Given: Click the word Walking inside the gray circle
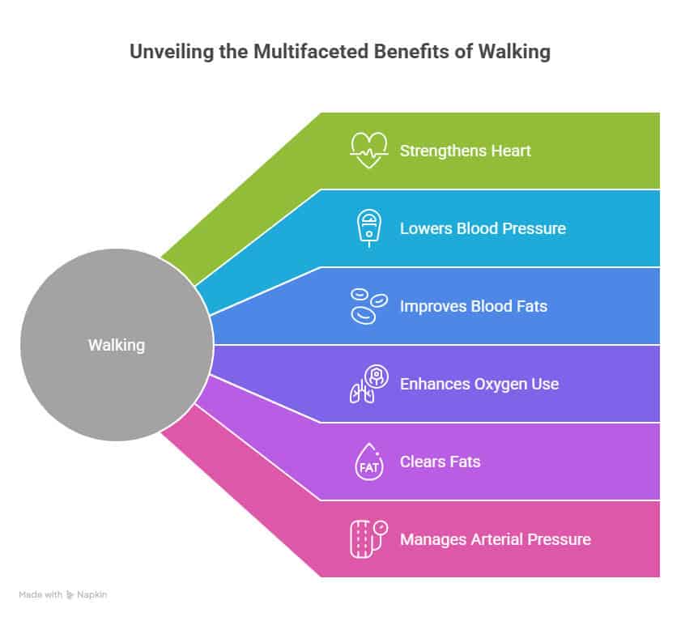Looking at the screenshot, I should click(116, 345).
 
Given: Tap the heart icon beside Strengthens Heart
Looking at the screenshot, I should click(368, 151).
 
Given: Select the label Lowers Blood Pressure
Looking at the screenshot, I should click(483, 228).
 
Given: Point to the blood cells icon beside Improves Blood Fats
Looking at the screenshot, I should click(368, 306).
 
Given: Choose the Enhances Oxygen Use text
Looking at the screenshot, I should click(479, 384).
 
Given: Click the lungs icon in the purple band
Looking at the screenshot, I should click(367, 383).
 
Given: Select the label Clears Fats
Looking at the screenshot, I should click(440, 462).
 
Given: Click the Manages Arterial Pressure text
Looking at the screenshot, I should click(495, 539).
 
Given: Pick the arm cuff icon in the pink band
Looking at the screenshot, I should click(368, 538).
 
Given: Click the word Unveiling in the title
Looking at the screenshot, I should click(167, 52).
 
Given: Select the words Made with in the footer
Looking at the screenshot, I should click(40, 594).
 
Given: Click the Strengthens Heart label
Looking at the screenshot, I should click(465, 151).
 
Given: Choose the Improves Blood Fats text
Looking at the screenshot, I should click(473, 306).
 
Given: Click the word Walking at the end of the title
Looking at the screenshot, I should click(517, 52).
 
